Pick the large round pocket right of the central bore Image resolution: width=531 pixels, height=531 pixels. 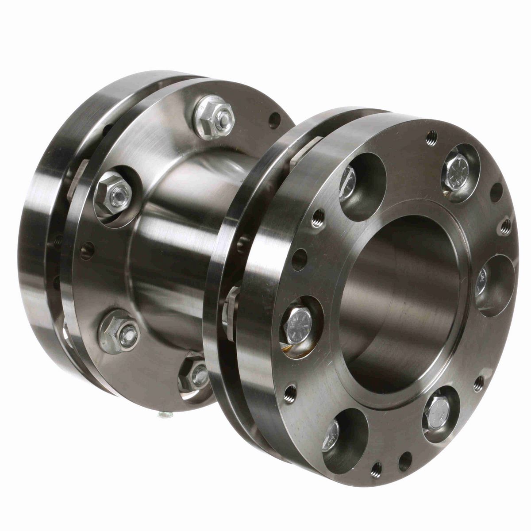coord(496,285)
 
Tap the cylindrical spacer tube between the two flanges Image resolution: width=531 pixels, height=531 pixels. coord(177,248)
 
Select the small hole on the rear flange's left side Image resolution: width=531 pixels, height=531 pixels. coord(86,250)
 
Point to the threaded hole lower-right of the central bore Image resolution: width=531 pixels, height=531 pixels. coord(478,383)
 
